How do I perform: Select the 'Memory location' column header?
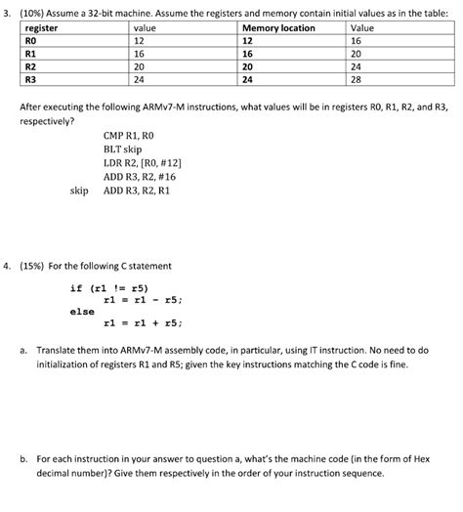(279, 28)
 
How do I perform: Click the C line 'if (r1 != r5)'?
(109, 288)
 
